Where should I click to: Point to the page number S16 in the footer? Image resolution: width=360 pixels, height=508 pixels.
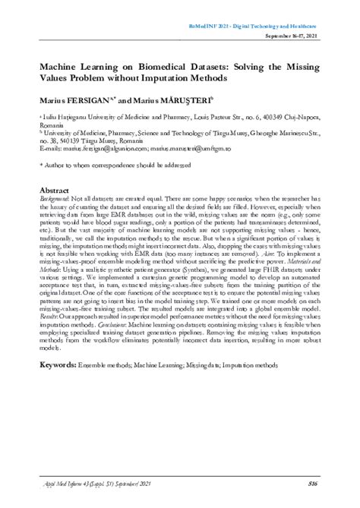tap(312, 484)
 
